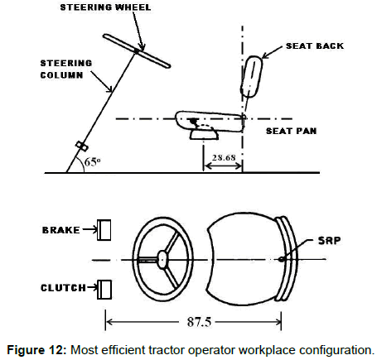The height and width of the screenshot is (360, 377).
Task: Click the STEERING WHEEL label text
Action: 105,7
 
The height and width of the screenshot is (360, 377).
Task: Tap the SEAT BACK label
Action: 315,46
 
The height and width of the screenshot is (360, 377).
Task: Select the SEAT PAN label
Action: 291,131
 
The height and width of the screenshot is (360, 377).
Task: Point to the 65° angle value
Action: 92,161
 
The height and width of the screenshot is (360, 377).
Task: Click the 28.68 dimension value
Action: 224,157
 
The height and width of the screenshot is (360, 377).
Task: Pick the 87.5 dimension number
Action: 199,322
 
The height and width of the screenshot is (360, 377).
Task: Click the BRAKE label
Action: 61,230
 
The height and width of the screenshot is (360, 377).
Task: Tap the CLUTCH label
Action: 63,288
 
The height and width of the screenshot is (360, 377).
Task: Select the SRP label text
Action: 329,241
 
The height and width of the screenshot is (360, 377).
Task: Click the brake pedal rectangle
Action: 104,230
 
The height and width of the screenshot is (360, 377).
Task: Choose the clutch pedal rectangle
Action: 104,290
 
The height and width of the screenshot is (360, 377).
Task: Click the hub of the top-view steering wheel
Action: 162,259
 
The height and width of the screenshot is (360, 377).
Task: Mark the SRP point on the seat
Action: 281,259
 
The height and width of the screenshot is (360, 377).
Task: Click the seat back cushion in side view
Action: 251,76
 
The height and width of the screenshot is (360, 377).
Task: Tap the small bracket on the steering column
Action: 82,146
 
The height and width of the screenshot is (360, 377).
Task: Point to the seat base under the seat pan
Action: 204,135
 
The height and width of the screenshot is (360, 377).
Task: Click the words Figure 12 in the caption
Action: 36,350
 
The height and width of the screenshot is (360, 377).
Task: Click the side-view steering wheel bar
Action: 137,51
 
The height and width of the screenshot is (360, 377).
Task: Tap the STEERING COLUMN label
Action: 66,69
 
